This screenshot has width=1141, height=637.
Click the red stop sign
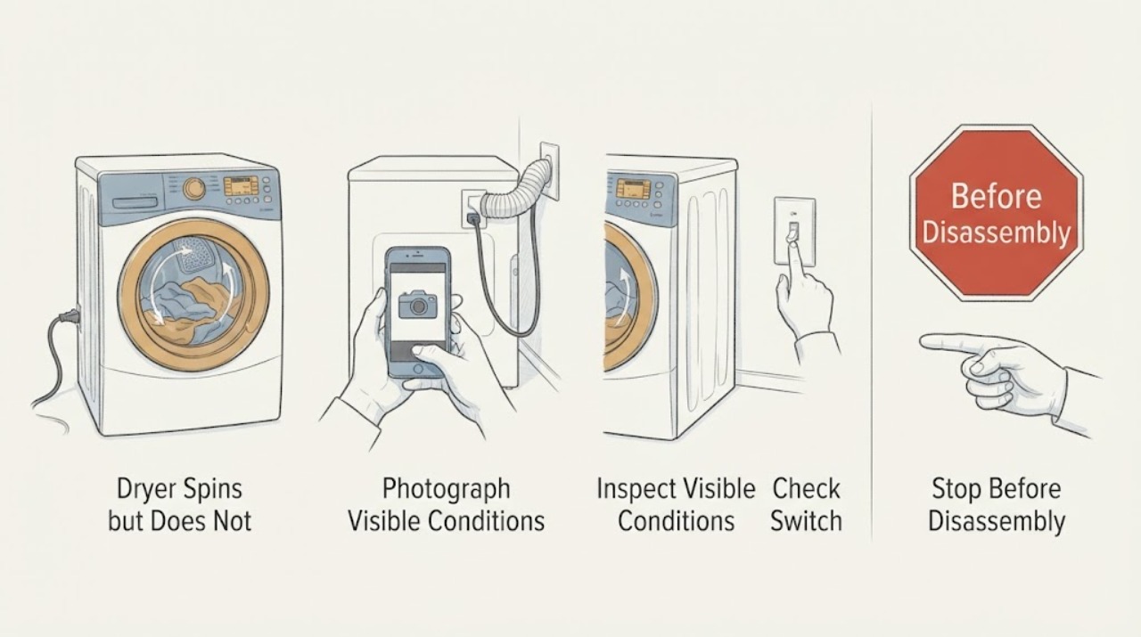(x=996, y=213)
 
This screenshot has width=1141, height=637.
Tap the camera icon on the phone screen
(x=418, y=305)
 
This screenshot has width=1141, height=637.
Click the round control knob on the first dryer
(x=194, y=188)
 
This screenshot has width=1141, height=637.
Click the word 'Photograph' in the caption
(x=446, y=489)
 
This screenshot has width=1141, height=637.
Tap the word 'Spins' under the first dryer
(x=212, y=489)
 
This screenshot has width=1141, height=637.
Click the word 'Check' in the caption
(x=806, y=489)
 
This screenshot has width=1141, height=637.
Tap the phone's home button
(x=419, y=369)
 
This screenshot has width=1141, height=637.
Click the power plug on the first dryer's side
(x=70, y=316)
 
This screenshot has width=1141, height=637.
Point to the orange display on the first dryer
(x=241, y=186)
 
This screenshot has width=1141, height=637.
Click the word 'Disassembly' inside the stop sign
(x=996, y=233)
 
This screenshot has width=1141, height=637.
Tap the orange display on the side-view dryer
(x=633, y=188)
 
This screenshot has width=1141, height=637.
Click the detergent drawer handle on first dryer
(x=135, y=202)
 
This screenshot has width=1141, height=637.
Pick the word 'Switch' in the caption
(x=806, y=521)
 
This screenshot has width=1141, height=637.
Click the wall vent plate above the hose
(x=549, y=171)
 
